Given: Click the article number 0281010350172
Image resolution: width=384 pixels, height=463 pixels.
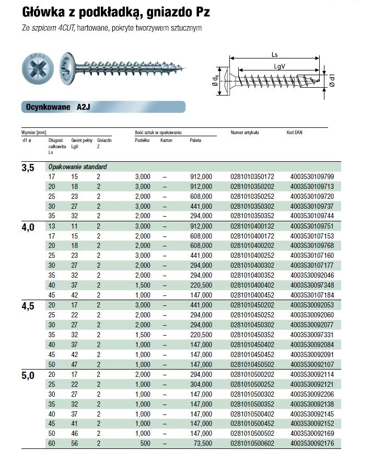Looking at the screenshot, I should [x=252, y=176].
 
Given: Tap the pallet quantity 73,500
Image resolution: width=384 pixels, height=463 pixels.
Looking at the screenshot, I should [x=201, y=444].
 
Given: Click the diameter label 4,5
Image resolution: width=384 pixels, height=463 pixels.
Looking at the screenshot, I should [x=28, y=306].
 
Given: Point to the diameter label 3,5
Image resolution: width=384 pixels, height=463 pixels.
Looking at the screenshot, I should [x=28, y=168].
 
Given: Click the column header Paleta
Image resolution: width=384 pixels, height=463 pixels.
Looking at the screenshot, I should [x=195, y=140].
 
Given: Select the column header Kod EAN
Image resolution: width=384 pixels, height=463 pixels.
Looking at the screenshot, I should [x=295, y=133].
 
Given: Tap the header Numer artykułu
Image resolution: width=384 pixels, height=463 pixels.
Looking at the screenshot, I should [x=245, y=133].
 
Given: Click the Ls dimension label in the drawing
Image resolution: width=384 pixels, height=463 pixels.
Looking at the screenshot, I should [x=275, y=54].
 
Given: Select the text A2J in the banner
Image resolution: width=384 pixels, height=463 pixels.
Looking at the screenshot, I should [x=84, y=107].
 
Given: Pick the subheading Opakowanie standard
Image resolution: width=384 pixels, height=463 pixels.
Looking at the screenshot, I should [x=77, y=167].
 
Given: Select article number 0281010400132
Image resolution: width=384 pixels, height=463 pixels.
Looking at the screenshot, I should [x=252, y=226].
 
